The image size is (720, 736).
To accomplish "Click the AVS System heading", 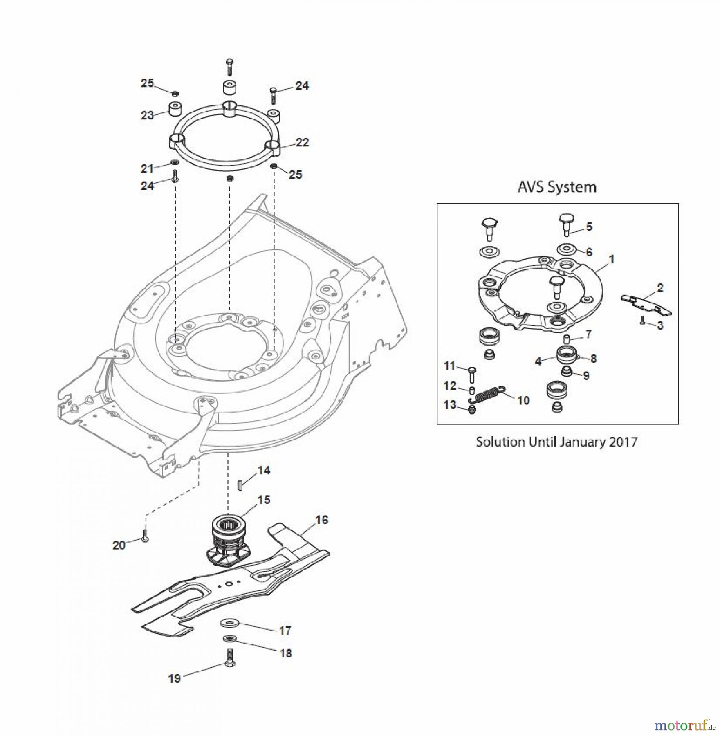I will tap(557, 187).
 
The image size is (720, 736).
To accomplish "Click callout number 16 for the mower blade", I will tap(322, 520).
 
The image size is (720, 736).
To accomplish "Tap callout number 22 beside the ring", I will tap(302, 142).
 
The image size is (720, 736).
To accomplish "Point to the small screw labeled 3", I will tap(642, 321).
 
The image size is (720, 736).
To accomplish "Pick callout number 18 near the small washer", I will tap(285, 653).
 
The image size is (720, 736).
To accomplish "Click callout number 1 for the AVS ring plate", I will tap(611, 259).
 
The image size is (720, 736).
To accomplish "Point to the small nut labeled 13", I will tap(472, 410).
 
